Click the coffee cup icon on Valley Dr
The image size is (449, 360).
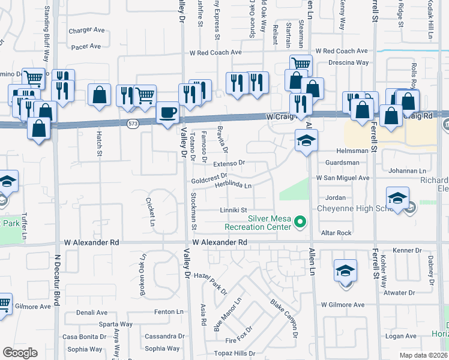tap(167, 113)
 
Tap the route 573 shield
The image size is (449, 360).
tap(133, 123)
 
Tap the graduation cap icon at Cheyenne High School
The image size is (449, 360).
tap(397, 199)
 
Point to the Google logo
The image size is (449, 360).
tap(20, 353)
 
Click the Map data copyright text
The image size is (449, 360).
tap(423, 355)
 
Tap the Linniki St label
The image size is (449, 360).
tap(234, 210)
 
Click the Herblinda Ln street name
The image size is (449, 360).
tap(233, 185)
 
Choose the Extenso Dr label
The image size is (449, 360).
tap(229, 163)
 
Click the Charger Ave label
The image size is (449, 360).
tap(86, 30)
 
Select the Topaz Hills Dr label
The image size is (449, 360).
tap(235, 353)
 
